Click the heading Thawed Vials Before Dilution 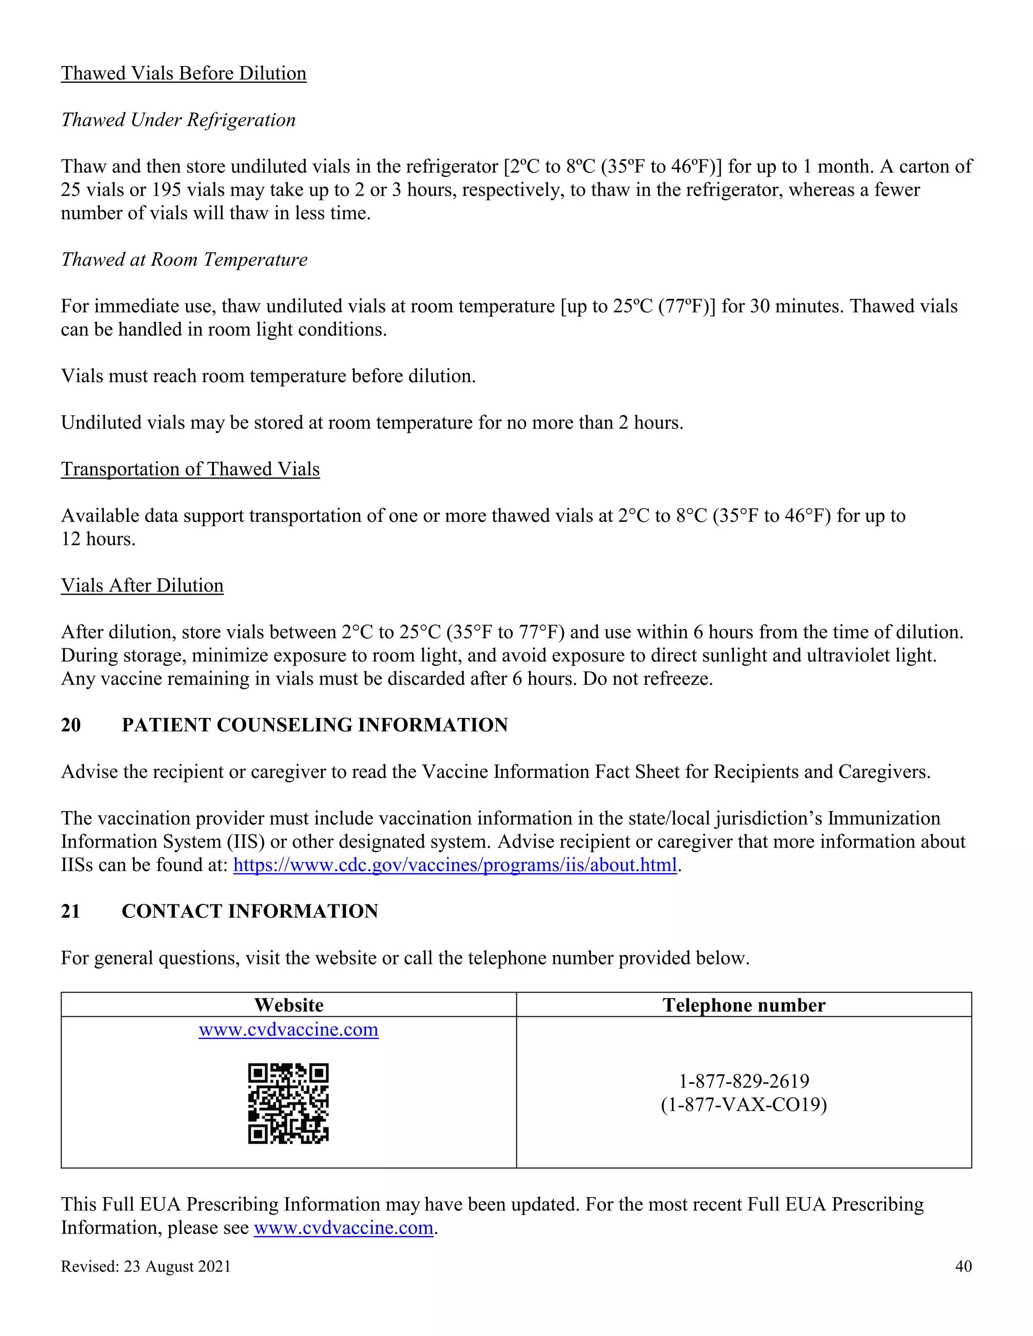[184, 74]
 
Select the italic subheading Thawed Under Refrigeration [178, 120]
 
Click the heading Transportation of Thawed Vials [190, 469]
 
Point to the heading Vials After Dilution [142, 585]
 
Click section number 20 [71, 725]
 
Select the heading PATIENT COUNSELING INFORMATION [315, 725]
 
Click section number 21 [71, 911]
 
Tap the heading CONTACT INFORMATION [250, 911]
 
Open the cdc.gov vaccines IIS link [454, 865]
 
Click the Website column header [289, 1005]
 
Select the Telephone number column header [743, 1005]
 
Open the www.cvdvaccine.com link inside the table [289, 1029]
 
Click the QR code [288, 1103]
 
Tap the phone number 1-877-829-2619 [743, 1081]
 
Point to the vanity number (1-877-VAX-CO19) [743, 1104]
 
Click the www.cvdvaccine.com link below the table [343, 1228]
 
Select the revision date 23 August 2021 [177, 1266]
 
